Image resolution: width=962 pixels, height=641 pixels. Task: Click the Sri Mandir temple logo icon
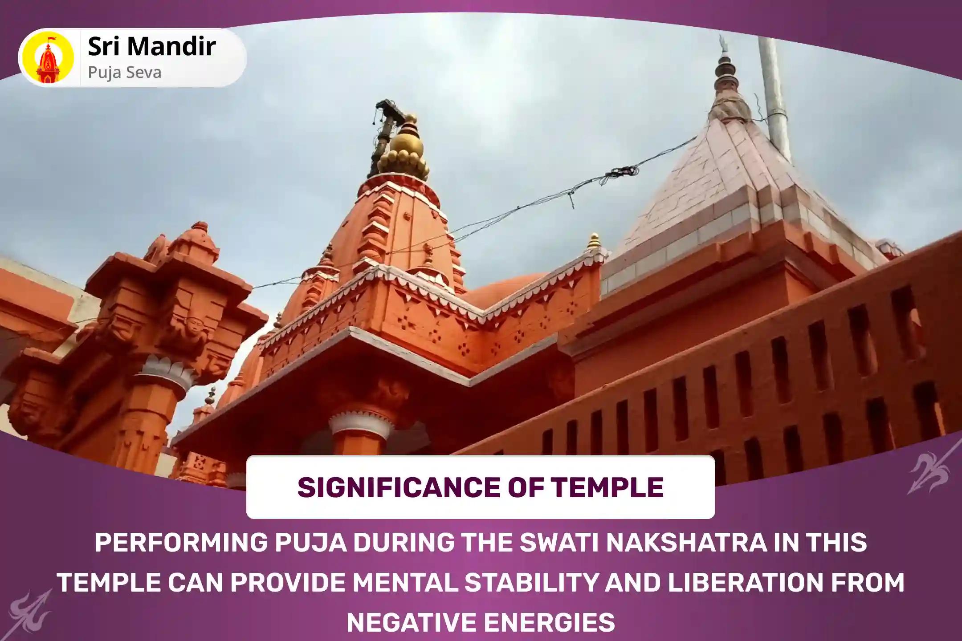tap(48, 57)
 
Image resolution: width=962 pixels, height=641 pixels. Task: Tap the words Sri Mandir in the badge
tap(151, 47)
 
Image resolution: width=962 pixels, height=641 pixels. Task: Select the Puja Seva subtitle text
tap(124, 73)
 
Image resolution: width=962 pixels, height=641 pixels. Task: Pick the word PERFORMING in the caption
tap(181, 543)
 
